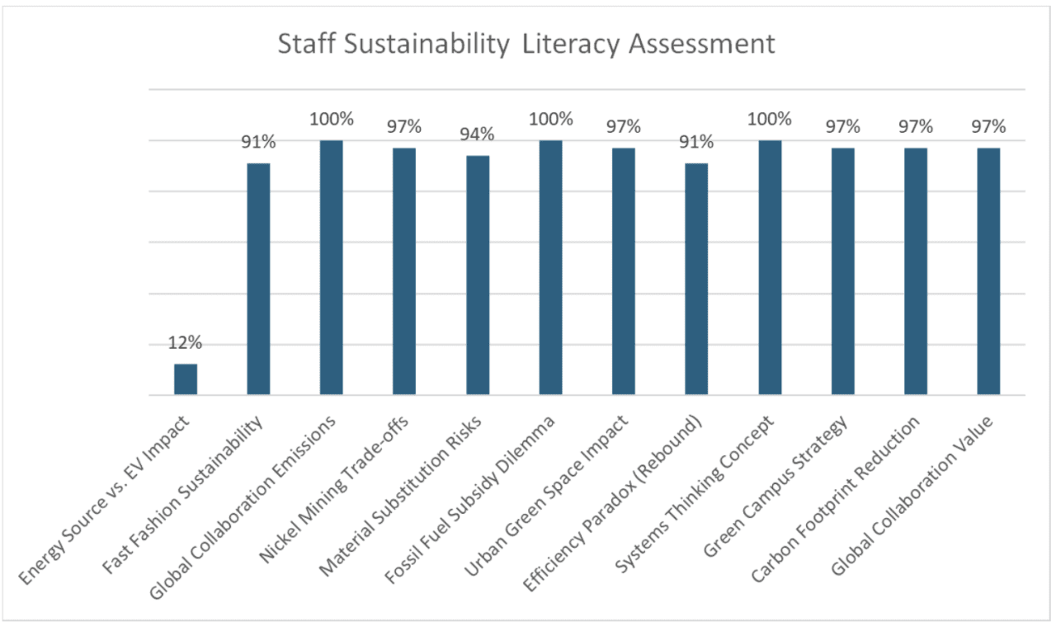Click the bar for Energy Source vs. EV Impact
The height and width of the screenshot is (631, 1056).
pyautogui.click(x=186, y=379)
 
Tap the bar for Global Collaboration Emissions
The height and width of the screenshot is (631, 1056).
pyautogui.click(x=331, y=267)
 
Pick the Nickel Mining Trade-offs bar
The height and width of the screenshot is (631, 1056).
pyautogui.click(x=404, y=271)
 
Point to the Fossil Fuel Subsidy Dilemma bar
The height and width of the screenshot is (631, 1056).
pyautogui.click(x=550, y=267)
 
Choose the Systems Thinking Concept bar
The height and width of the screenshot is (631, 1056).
pyautogui.click(x=770, y=267)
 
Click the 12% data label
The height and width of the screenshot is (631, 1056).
pyautogui.click(x=186, y=343)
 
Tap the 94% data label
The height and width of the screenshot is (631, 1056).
pyautogui.click(x=478, y=134)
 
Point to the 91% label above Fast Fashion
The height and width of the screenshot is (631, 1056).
pyautogui.click(x=258, y=142)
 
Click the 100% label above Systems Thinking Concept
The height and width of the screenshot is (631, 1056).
pyautogui.click(x=770, y=119)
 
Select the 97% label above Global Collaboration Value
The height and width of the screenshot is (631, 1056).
pyautogui.click(x=988, y=126)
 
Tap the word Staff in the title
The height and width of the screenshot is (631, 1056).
pyautogui.click(x=300, y=44)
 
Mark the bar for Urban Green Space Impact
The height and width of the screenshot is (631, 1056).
pyautogui.click(x=624, y=271)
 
